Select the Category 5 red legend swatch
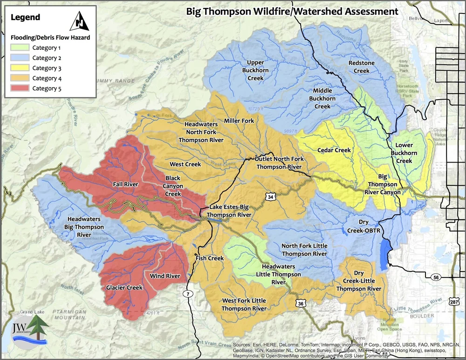click(19, 88)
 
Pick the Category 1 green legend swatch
click(19, 48)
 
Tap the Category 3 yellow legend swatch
click(19, 68)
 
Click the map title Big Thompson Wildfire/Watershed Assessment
click(292, 11)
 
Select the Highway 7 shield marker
click(187, 294)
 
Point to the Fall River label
click(125, 184)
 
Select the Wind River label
click(164, 276)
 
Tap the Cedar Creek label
click(334, 150)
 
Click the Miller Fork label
click(239, 121)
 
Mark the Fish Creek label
click(210, 258)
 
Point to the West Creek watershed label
click(185, 164)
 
